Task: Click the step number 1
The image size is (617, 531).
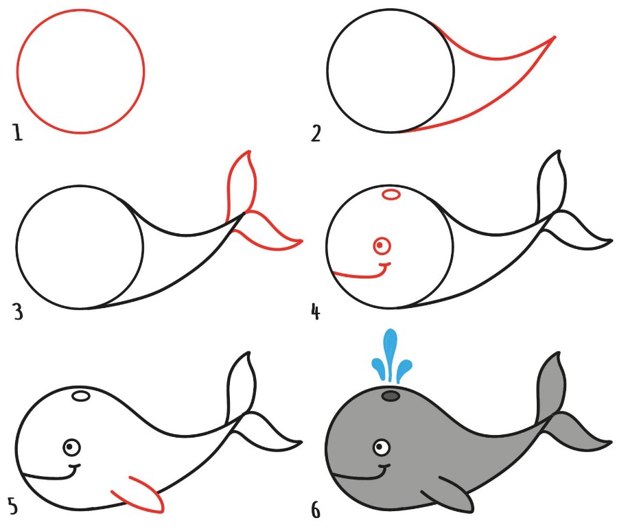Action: [18, 132]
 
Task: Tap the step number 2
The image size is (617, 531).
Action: [316, 133]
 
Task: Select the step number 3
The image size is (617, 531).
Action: [18, 312]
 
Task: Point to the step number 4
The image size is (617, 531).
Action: [316, 311]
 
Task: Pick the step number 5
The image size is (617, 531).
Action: [13, 506]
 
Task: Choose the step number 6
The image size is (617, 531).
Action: [316, 510]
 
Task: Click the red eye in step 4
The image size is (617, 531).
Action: [382, 246]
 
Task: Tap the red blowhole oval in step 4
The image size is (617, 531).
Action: [391, 194]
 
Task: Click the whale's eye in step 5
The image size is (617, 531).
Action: [71, 447]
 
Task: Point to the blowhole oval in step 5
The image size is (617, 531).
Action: [81, 396]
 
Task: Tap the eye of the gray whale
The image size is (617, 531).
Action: [382, 447]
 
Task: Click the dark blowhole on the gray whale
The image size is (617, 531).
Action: [391, 396]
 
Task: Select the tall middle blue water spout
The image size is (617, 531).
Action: [391, 354]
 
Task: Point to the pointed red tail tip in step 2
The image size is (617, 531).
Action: [555, 37]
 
